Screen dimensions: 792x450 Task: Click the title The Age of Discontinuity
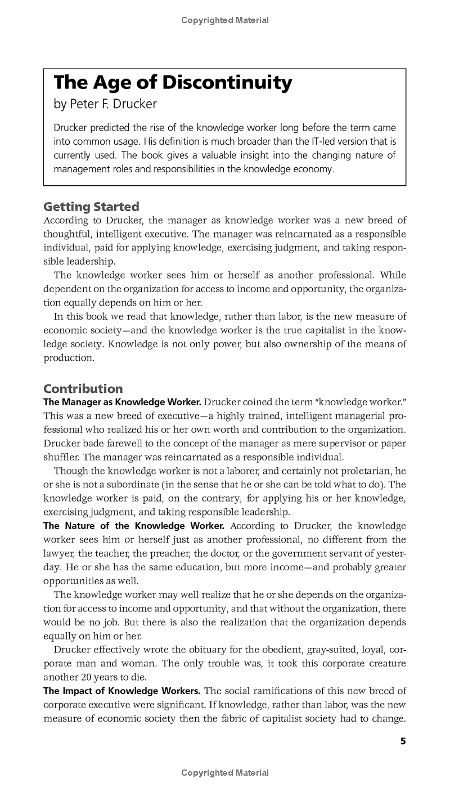(173, 83)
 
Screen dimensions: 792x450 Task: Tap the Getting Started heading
(91, 207)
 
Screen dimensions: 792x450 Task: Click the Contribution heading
(83, 388)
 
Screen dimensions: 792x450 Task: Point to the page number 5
(403, 741)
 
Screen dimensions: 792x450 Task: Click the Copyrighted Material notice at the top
(225, 20)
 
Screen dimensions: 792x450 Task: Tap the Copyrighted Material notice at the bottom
(225, 773)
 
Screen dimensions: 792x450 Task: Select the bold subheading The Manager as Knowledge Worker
(122, 402)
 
